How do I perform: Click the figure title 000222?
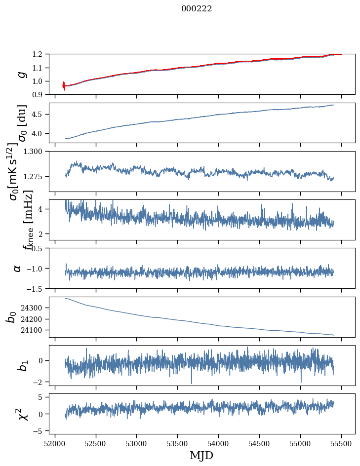point(197,9)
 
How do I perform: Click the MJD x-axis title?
point(201,455)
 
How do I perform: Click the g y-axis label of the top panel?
point(21,74)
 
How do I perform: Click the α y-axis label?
point(17,268)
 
